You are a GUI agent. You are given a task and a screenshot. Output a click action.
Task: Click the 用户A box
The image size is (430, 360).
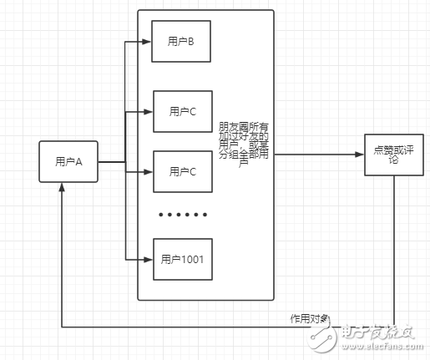(x=68, y=162)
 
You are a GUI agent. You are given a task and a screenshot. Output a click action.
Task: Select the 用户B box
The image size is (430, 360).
(x=181, y=40)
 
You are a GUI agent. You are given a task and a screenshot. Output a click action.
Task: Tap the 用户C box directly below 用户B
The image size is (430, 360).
(x=182, y=111)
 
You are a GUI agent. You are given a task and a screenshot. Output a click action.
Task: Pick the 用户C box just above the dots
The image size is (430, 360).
(x=182, y=172)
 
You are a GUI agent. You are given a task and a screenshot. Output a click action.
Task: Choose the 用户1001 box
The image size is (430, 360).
(x=182, y=259)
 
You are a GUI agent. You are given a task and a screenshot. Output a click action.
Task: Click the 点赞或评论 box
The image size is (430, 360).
(x=393, y=155)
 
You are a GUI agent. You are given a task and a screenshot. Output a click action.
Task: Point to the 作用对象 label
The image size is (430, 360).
(x=309, y=318)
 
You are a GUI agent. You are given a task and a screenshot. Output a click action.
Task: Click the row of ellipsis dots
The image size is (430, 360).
(x=182, y=215)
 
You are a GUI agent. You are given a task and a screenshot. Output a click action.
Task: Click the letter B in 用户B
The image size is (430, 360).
(x=190, y=40)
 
